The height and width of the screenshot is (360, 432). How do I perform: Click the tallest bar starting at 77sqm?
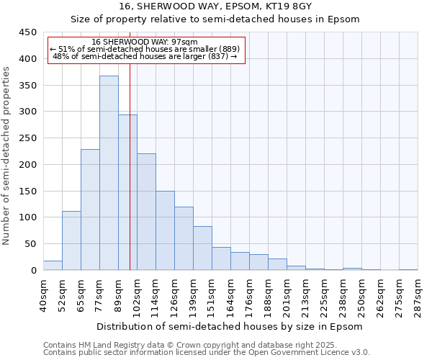point(109,173)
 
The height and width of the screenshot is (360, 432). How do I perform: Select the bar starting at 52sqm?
point(71,240)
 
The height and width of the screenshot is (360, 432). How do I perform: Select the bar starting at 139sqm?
point(202,248)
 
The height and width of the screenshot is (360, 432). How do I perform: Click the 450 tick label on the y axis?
point(27,32)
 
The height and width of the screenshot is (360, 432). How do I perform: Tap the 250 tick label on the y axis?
point(27,138)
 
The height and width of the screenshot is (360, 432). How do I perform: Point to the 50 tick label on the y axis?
point(30,244)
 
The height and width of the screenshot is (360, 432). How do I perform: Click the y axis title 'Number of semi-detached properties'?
point(7,156)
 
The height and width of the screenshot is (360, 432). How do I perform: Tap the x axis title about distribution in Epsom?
point(230,326)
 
